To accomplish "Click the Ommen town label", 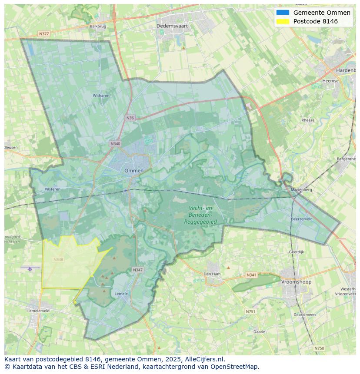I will point(133,171).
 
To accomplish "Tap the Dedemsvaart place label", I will point(172,26).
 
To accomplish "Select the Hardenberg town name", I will point(346,70).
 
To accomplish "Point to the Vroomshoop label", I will point(296,282).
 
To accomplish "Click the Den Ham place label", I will point(212,274).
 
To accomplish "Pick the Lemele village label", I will point(121,294).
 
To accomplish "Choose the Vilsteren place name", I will point(53,189).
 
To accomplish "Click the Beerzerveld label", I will point(302,219).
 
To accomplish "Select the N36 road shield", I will point(130,118).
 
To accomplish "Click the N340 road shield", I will point(115,144).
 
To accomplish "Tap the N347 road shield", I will point(137,270).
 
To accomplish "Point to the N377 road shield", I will point(44,33).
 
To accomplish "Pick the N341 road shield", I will point(251,275).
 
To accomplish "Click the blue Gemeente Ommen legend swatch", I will point(282,13).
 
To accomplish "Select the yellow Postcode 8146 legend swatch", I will point(282,21).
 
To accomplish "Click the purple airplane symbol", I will point(30,269).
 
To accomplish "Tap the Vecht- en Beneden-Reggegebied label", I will point(200,215).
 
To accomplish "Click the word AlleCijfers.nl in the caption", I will point(204,359).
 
